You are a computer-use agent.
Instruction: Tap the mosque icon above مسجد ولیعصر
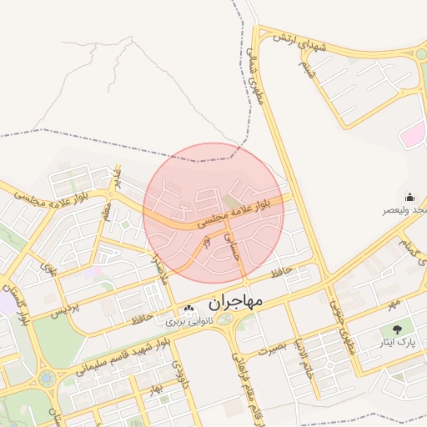tap(409, 198)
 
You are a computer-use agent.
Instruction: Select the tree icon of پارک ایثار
tap(408, 329)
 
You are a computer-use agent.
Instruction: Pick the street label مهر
tap(392, 300)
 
